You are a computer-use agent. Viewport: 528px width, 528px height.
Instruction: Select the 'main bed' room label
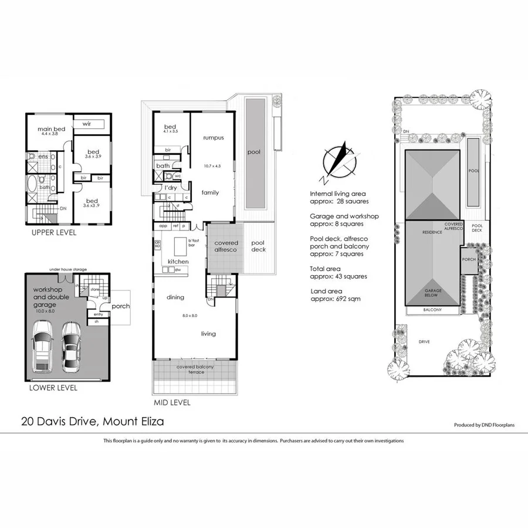click(x=52, y=129)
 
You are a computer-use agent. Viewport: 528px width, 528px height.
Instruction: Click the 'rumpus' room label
click(x=214, y=138)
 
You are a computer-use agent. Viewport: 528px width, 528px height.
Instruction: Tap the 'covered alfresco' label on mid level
click(x=226, y=246)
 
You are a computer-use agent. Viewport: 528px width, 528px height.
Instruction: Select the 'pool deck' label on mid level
click(x=258, y=246)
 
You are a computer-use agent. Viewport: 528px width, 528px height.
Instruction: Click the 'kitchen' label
click(x=178, y=261)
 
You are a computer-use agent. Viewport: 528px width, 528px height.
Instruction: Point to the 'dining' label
click(x=175, y=297)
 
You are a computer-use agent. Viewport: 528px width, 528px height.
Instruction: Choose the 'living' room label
click(x=208, y=334)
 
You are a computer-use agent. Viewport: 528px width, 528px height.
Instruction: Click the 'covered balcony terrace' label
click(x=195, y=370)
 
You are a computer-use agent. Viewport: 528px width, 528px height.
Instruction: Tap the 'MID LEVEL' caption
click(x=172, y=403)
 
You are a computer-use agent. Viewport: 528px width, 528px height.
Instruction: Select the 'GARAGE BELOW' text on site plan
click(x=434, y=293)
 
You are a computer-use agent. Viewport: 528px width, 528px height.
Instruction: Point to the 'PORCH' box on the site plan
click(x=468, y=260)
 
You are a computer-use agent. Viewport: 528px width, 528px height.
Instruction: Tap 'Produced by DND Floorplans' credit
click(x=484, y=425)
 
